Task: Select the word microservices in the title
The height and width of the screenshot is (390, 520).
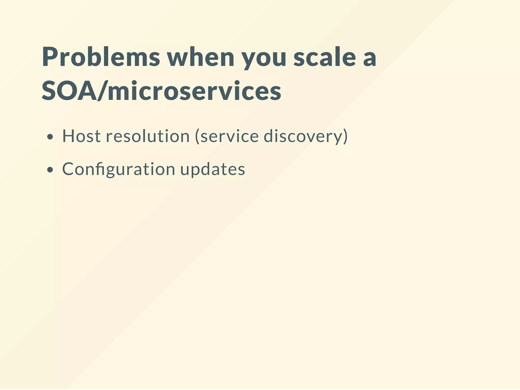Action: click(x=194, y=91)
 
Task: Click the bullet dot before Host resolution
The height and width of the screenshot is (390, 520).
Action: click(x=50, y=137)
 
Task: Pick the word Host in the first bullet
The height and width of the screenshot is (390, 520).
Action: click(x=81, y=136)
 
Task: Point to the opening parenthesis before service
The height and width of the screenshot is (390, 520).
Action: click(x=197, y=136)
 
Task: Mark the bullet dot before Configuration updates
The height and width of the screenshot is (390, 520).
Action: click(x=50, y=170)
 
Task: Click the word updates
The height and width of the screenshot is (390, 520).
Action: click(x=213, y=169)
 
